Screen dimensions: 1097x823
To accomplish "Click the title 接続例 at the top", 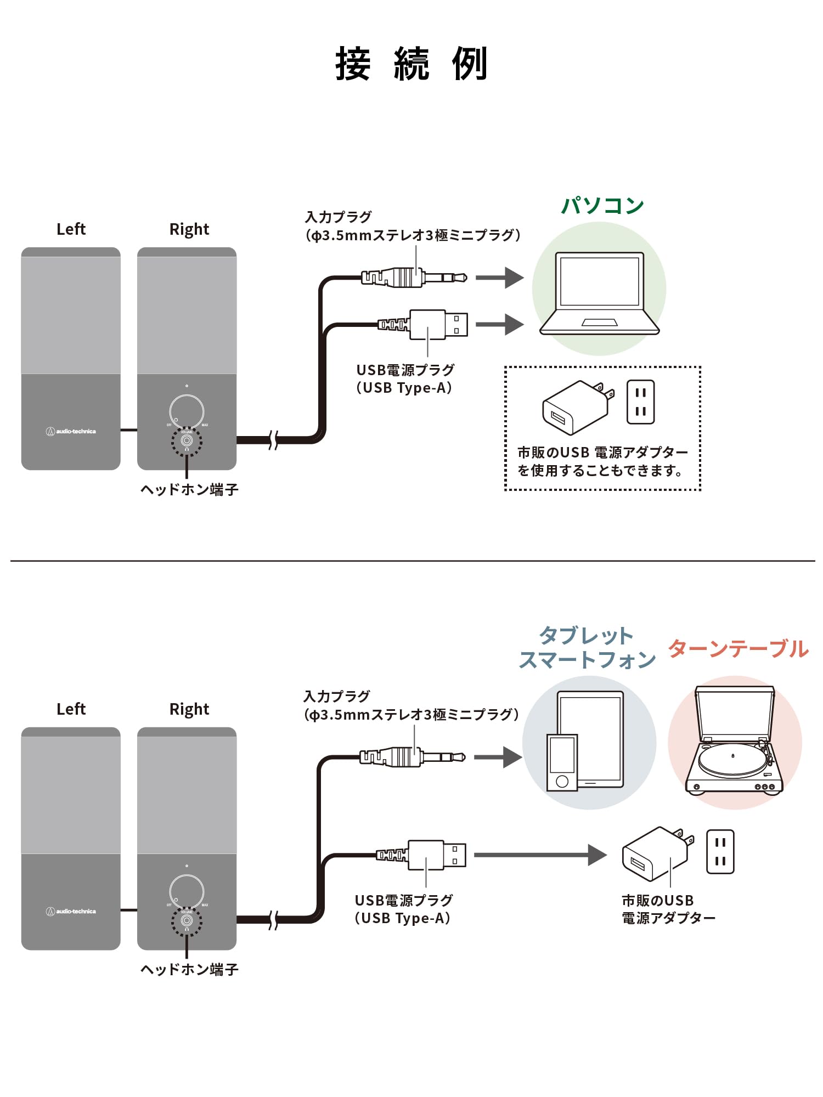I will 411,64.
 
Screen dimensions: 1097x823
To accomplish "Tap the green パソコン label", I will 602,206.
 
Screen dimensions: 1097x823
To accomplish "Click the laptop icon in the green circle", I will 599,293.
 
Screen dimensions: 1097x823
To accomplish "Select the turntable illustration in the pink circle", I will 734,740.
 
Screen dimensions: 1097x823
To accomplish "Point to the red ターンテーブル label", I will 738,648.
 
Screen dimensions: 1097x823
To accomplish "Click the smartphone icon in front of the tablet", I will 562,762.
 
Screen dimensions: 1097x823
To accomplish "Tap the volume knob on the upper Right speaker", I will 187,411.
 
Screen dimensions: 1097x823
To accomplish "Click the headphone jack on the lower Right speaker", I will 187,920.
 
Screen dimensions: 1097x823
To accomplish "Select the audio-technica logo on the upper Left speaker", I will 71,432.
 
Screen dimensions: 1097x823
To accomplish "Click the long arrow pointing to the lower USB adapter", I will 540,855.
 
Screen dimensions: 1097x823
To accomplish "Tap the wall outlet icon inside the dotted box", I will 640,402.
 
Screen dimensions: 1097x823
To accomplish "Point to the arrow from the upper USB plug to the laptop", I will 499,324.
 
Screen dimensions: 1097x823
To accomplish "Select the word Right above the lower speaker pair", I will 189,709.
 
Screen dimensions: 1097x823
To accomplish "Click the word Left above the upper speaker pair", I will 71,229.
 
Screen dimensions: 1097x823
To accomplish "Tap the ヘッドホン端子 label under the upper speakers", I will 189,489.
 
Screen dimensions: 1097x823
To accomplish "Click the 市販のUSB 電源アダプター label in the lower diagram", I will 668,909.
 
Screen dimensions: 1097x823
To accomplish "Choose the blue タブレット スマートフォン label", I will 587,648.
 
